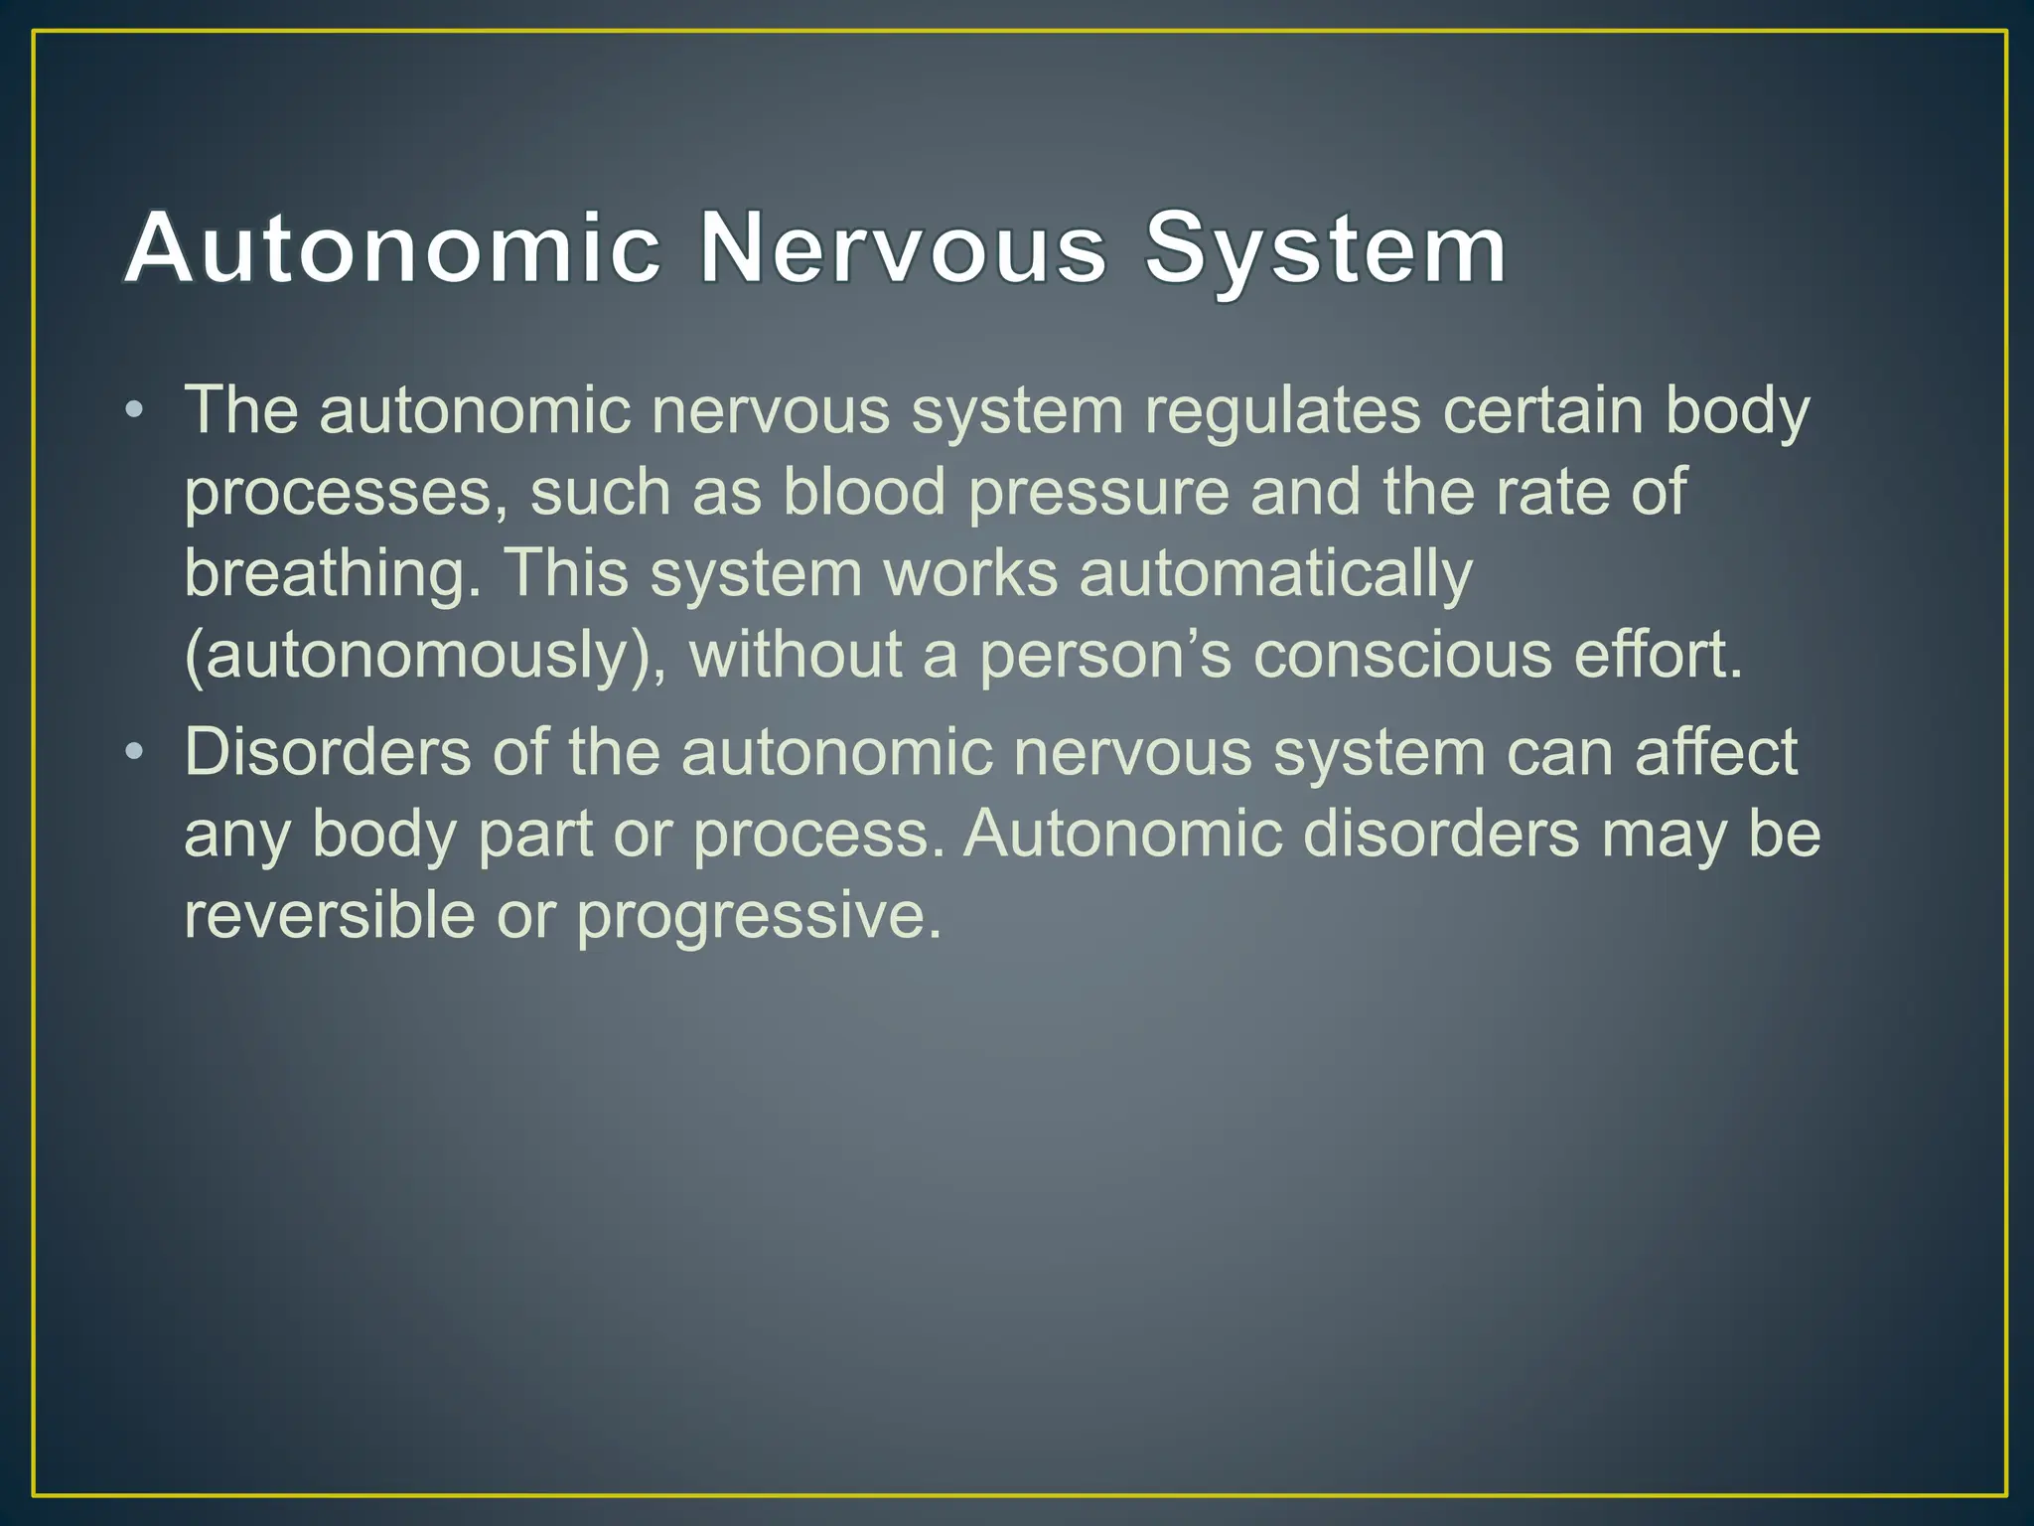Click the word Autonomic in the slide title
[393, 247]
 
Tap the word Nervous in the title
[903, 247]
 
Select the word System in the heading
[1325, 247]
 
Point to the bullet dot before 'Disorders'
[135, 752]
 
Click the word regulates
[1282, 410]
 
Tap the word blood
[864, 492]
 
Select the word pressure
[1098, 494]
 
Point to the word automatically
[1275, 574]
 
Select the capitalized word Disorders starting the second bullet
[328, 752]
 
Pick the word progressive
[759, 917]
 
